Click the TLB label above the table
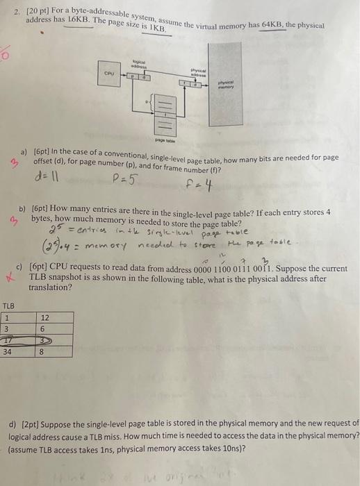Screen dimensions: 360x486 [9, 305]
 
